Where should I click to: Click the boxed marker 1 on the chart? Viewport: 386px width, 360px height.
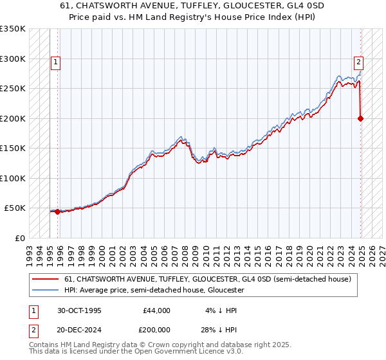56,62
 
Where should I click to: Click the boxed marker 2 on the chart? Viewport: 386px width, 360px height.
358,62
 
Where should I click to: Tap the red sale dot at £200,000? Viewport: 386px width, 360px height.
360,118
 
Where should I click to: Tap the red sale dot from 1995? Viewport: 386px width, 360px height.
57,212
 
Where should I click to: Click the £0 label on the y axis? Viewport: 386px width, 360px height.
20,239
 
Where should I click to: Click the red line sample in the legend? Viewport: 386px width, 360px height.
46,279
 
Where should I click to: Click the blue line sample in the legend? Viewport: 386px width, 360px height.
46,290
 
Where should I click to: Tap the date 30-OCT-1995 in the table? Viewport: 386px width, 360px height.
78,310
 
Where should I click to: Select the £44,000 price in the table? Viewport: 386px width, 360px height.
156,310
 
